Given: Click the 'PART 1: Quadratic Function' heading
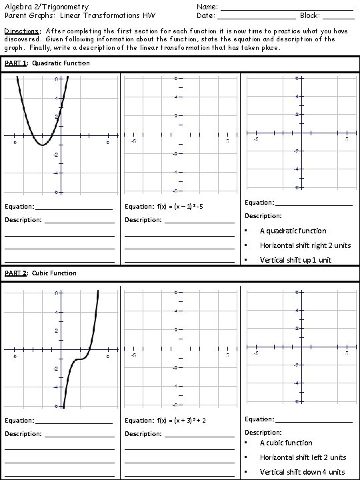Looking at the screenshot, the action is point(47,63).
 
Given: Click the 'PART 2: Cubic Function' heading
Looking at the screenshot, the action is point(41,273).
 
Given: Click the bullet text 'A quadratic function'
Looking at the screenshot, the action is point(293,231).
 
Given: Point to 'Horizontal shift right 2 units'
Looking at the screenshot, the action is point(305,245).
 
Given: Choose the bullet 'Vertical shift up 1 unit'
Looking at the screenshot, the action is point(295,260).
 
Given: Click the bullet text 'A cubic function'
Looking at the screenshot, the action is point(285,443).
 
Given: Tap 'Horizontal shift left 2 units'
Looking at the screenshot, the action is point(303,457).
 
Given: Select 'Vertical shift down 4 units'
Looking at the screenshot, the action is point(303,472).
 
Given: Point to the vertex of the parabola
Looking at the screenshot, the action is point(42,144).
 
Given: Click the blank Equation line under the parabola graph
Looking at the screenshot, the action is point(74,208).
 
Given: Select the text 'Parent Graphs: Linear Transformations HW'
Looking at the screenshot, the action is point(79,15).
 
